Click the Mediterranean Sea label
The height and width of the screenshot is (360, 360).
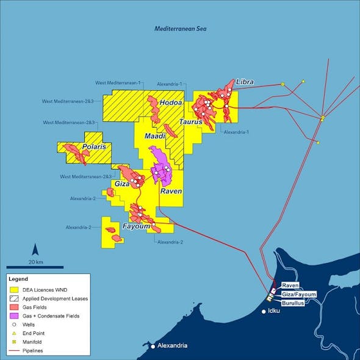pyautogui.click(x=179, y=29)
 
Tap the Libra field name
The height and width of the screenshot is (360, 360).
pyautogui.click(x=245, y=82)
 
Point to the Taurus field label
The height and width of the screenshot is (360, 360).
pyautogui.click(x=190, y=122)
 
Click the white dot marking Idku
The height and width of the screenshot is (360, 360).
pyautogui.click(x=264, y=312)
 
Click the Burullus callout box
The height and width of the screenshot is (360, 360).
pyautogui.click(x=294, y=302)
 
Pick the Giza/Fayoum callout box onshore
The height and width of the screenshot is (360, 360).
pyautogui.click(x=299, y=294)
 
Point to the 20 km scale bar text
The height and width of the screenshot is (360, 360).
pyautogui.click(x=35, y=262)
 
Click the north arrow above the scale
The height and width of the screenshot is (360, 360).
pyautogui.click(x=35, y=249)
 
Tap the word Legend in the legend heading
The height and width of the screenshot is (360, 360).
pyautogui.click(x=19, y=279)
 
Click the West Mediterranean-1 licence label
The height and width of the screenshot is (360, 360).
pyautogui.click(x=118, y=82)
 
